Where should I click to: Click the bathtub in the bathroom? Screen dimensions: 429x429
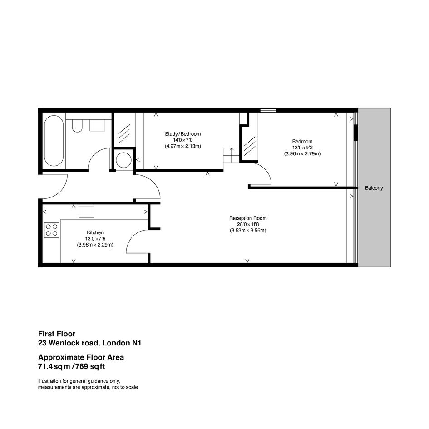click(54, 141)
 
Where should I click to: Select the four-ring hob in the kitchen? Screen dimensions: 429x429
click(52, 230)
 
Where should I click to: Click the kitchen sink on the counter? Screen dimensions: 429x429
click(86, 212)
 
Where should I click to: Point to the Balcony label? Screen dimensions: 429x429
click(374, 188)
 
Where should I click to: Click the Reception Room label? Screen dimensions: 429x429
click(248, 218)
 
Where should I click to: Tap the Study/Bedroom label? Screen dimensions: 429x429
click(183, 134)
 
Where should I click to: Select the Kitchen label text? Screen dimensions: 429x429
click(95, 232)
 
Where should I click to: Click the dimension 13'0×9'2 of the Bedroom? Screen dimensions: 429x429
click(302, 148)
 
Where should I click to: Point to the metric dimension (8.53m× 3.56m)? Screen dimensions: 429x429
click(248, 230)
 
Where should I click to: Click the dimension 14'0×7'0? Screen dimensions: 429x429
click(183, 140)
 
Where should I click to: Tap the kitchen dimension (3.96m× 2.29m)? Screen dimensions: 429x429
click(95, 245)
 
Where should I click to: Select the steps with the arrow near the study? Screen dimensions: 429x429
click(232, 155)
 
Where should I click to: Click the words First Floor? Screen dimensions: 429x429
click(57, 334)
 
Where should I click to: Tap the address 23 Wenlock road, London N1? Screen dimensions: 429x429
click(90, 343)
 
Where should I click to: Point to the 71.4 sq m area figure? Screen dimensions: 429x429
click(54, 366)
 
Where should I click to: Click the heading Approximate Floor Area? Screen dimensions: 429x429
click(81, 357)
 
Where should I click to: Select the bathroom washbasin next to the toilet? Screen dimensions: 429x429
click(98, 125)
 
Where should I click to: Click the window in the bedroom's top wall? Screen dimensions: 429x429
click(268, 110)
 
